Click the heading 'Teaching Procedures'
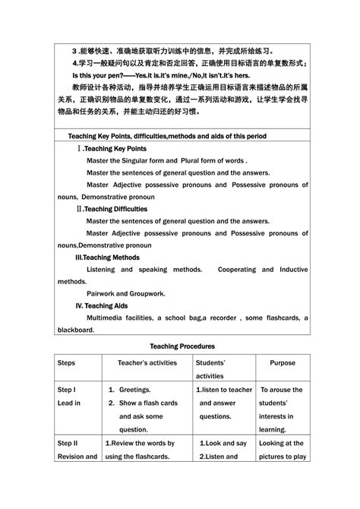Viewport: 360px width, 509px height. (x=182, y=345)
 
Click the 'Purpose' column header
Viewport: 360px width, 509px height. (x=282, y=363)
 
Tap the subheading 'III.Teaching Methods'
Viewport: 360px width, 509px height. (x=112, y=257)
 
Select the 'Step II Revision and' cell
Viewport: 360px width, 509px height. (x=77, y=450)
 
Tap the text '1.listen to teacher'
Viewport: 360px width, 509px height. (x=224, y=389)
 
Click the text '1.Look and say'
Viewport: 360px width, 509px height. (x=223, y=443)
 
